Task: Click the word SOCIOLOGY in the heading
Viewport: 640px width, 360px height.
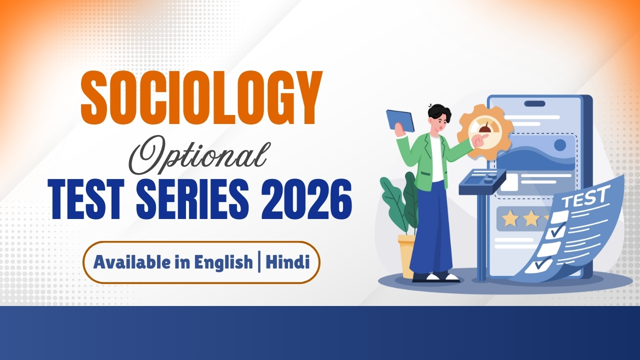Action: pos(201,98)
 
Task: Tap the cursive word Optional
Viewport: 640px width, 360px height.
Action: pos(198,155)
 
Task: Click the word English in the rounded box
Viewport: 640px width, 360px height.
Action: pos(223,262)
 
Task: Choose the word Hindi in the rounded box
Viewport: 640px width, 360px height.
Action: pos(287,262)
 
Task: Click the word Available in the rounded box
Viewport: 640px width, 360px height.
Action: pos(133,262)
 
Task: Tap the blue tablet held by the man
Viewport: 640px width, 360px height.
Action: pos(400,121)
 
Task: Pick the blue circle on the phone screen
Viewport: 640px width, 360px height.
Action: pos(560,145)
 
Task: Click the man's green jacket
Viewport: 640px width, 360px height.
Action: pos(431,160)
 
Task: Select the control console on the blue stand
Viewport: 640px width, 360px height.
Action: pos(482,181)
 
